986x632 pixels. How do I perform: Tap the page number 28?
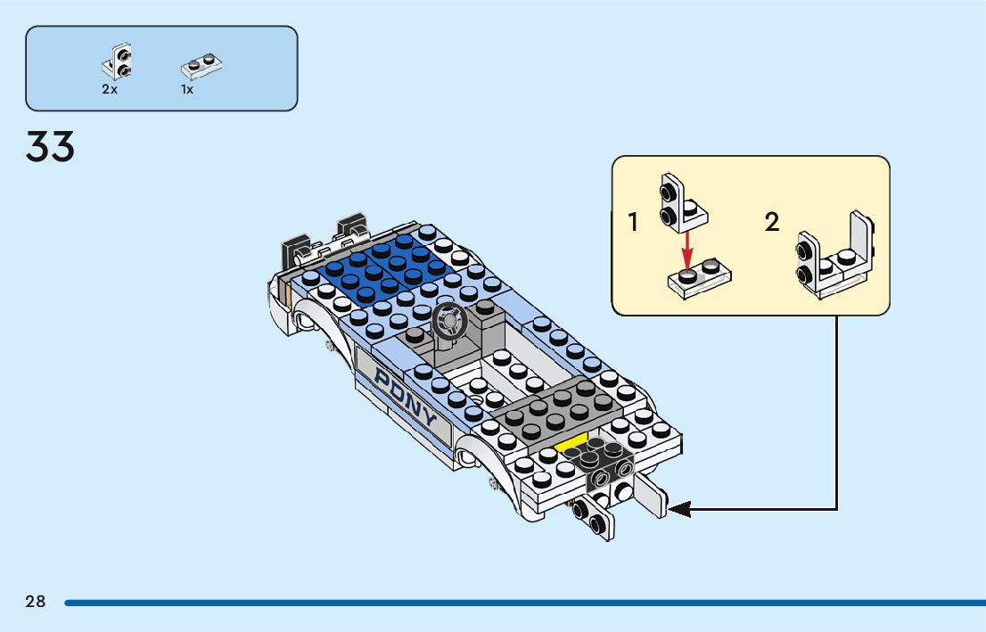[36, 602]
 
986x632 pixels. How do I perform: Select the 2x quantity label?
[110, 90]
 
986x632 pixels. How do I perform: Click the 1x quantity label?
[187, 90]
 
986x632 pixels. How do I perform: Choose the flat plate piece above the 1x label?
[201, 65]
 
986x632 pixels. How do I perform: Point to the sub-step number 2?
[772, 222]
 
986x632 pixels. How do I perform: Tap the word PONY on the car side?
[406, 397]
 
